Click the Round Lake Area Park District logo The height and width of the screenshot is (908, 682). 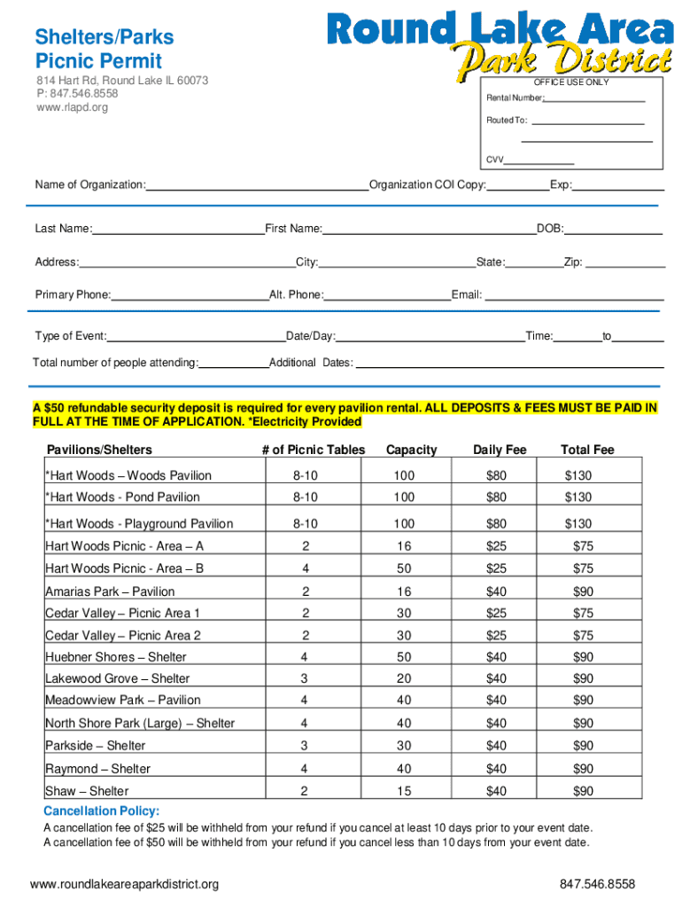[x=500, y=43]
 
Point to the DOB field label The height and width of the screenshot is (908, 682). [x=549, y=229]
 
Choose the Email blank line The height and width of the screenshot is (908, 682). [x=576, y=299]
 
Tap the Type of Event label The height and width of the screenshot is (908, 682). [x=70, y=337]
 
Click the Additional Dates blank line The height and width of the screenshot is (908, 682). [x=509, y=366]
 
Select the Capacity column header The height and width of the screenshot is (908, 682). [x=411, y=450]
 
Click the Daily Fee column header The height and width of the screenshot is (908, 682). [x=500, y=450]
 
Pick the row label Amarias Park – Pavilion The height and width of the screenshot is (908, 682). [x=110, y=591]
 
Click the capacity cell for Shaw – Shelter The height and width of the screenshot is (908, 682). [x=404, y=791]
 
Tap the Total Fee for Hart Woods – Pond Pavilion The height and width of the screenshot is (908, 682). [x=578, y=497]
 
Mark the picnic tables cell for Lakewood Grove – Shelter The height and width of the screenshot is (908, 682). [x=305, y=678]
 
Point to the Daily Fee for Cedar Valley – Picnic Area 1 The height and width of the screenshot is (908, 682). [x=496, y=613]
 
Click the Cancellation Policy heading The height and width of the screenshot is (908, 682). [x=102, y=811]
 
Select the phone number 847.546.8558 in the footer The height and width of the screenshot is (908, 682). [x=597, y=884]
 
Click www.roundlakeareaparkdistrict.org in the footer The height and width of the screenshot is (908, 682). [x=124, y=884]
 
